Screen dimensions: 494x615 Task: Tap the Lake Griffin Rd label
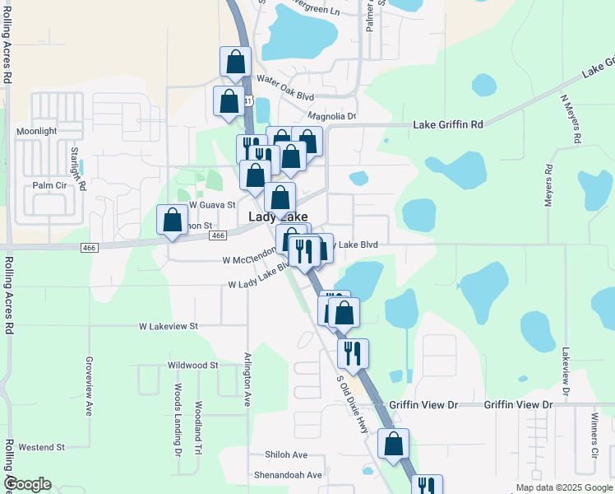[447, 124]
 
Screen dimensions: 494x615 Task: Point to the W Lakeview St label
[169, 326]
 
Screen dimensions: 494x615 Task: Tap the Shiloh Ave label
[285, 454]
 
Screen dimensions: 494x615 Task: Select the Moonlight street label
[36, 132]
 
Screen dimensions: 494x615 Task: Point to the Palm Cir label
[49, 185]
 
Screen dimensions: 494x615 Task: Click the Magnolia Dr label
[331, 117]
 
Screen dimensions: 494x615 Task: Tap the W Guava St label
[212, 204]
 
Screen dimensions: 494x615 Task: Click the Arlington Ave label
[247, 379]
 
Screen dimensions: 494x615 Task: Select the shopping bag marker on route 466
[172, 220]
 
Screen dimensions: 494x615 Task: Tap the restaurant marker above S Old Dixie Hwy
[353, 353]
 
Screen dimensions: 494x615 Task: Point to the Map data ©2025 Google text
[562, 487]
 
